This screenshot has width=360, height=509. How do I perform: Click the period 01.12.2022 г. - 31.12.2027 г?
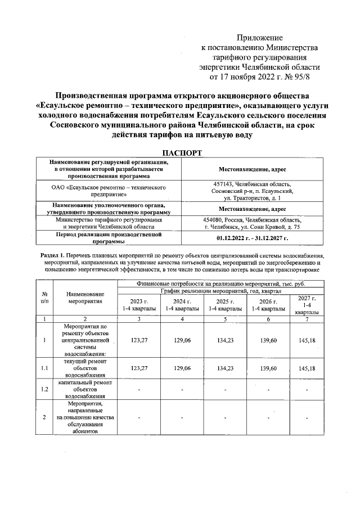[x=252, y=238]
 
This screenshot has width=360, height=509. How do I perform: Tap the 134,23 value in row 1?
[x=224, y=340]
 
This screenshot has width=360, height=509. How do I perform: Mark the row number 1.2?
[x=44, y=388]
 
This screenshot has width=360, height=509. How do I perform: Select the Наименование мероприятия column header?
[x=85, y=297]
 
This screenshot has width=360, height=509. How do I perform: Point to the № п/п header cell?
[x=44, y=297]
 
